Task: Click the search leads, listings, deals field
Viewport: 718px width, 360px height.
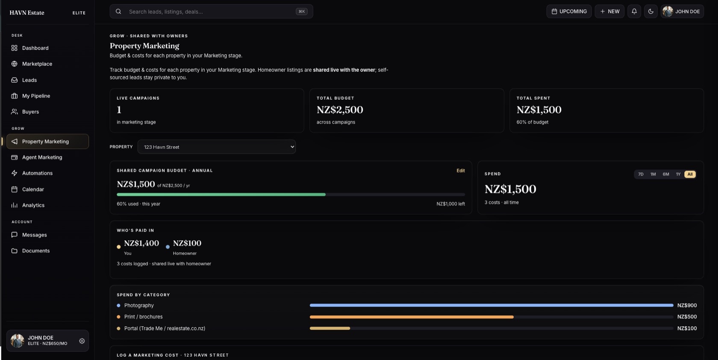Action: [211, 12]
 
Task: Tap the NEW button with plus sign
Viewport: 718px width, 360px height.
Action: [609, 12]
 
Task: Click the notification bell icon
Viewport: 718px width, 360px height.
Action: [634, 12]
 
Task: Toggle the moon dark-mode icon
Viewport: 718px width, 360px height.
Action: [650, 12]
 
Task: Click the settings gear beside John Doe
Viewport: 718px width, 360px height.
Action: [82, 341]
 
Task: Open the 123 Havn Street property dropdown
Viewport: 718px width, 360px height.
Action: [217, 147]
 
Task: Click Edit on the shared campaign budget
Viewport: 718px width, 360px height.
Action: [461, 171]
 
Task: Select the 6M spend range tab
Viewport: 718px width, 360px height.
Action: [666, 174]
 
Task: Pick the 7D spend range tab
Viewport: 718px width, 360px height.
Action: [640, 174]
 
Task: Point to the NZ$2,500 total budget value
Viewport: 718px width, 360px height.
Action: [340, 109]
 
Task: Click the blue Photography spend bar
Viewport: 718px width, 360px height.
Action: [491, 305]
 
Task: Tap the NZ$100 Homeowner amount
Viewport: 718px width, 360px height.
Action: [187, 243]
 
